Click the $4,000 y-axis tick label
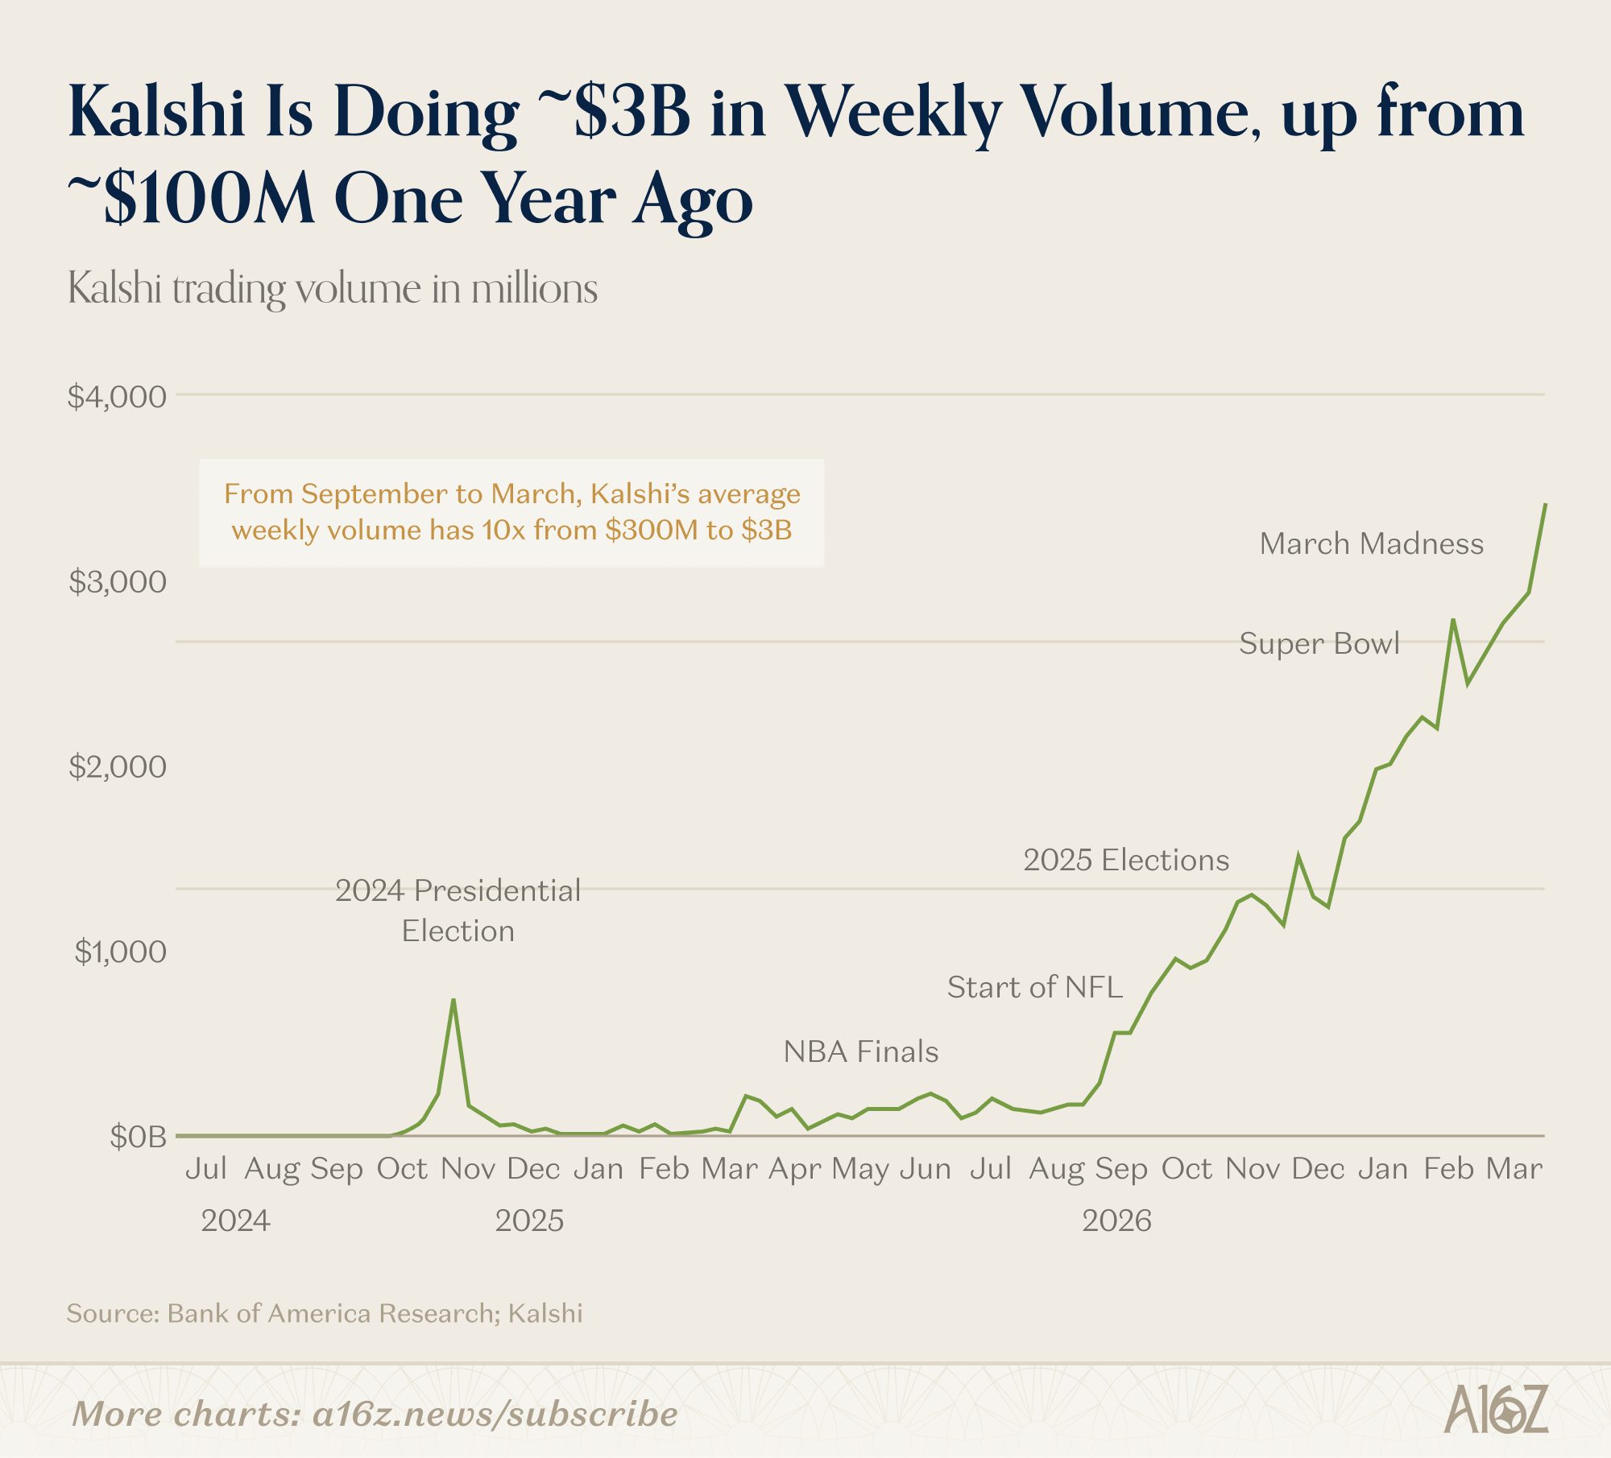pyautogui.click(x=117, y=397)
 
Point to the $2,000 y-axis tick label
pyautogui.click(x=117, y=767)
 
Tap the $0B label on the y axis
pyautogui.click(x=138, y=1137)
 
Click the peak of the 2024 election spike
pyautogui.click(x=453, y=1000)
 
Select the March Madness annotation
pyautogui.click(x=1371, y=544)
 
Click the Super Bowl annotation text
pyautogui.click(x=1319, y=644)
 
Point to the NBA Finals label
pyautogui.click(x=861, y=1052)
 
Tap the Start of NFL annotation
pyautogui.click(x=1034, y=988)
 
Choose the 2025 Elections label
pyautogui.click(x=1126, y=861)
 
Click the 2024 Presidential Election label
pyautogui.click(x=458, y=911)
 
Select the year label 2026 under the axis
pyautogui.click(x=1116, y=1221)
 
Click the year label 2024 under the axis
pyautogui.click(x=235, y=1221)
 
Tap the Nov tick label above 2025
pyautogui.click(x=467, y=1169)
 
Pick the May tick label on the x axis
pyautogui.click(x=860, y=1169)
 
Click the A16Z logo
pyautogui.click(x=1496, y=1410)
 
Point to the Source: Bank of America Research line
pyautogui.click(x=324, y=1314)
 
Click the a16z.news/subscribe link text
pyautogui.click(x=495, y=1415)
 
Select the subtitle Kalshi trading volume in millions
pyautogui.click(x=332, y=288)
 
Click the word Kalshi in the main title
pyautogui.click(x=156, y=112)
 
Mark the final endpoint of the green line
pyautogui.click(x=1545, y=504)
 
